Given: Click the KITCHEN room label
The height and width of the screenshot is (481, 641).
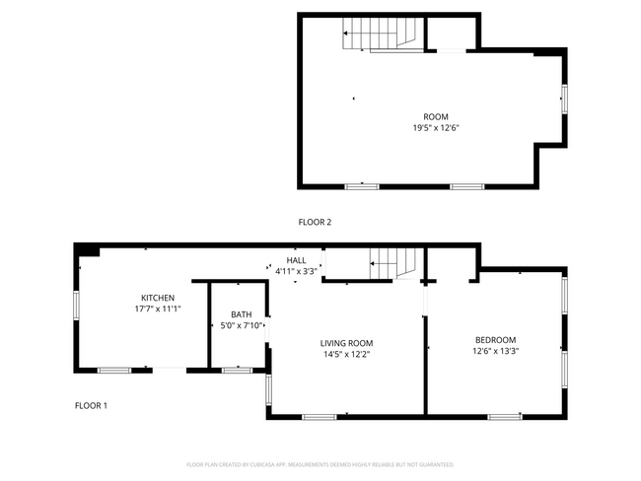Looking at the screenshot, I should (158, 298).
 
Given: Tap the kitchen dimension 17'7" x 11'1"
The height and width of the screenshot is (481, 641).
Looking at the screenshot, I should (158, 309).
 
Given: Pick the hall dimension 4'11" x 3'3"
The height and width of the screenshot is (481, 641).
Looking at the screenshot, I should (296, 271).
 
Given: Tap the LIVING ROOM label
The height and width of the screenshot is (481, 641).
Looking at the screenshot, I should (346, 343).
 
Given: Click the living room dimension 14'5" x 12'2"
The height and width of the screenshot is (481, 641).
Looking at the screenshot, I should (346, 355).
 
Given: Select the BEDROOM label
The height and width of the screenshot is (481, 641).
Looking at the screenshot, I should (496, 339).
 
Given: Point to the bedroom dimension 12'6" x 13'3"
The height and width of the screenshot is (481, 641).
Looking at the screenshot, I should (496, 351).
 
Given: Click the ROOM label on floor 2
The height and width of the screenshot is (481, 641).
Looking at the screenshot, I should (436, 116).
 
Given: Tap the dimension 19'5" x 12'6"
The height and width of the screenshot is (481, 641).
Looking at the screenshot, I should (436, 128).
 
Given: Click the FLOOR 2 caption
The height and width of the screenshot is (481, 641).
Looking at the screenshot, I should (315, 223).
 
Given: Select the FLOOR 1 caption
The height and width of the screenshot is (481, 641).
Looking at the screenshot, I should (92, 406).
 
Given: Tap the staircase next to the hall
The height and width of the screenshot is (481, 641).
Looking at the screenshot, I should (394, 263).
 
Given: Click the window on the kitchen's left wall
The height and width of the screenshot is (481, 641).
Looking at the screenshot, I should (76, 306).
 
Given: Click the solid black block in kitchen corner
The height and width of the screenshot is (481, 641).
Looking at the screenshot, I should (89, 251).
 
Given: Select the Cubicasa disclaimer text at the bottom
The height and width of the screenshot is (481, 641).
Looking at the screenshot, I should (320, 464).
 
